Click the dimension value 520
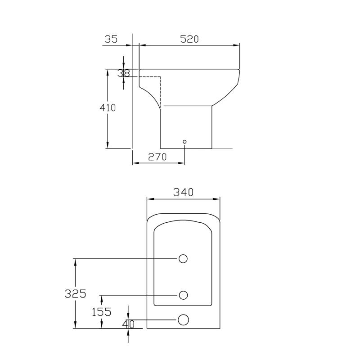[189, 39]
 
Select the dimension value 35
[111, 39]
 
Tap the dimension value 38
[123, 73]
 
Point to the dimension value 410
[108, 108]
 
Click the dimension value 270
[157, 157]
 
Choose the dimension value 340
[184, 192]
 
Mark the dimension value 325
[75, 294]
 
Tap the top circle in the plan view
[183, 258]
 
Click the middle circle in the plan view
[183, 295]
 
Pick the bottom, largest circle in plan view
[183, 319]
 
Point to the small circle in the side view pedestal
[184, 142]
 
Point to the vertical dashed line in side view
[161, 92]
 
